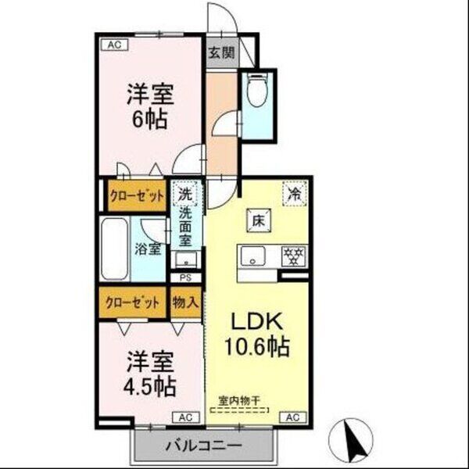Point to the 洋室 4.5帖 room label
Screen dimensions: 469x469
pyautogui.click(x=149, y=374)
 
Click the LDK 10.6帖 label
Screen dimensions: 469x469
pyautogui.click(x=255, y=335)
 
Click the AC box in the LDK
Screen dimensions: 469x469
pyautogui.click(x=292, y=417)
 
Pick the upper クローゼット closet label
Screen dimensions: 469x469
pyautogui.click(x=137, y=196)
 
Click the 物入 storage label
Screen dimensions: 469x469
pyautogui.click(x=185, y=301)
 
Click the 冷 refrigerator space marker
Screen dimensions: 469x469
pyautogui.click(x=295, y=191)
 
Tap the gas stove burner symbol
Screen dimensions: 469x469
pyautogui.click(x=294, y=257)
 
